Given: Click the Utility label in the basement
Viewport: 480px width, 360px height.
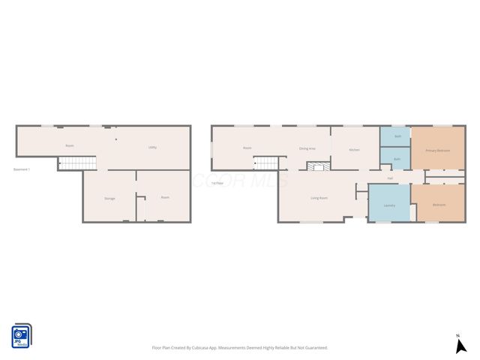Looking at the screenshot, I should (x=151, y=147).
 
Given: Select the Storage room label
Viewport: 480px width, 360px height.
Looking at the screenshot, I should (x=109, y=198).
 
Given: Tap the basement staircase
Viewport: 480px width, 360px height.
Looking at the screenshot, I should (x=78, y=163).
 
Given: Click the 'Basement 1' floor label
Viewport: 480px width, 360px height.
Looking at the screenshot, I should (x=22, y=169).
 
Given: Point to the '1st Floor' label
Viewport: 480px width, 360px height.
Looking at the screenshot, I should (x=216, y=183).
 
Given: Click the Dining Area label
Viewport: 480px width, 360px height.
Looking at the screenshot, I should (x=307, y=148).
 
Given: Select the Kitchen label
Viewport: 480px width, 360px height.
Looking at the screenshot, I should (x=354, y=150).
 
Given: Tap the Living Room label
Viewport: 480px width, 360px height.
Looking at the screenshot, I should (x=319, y=198).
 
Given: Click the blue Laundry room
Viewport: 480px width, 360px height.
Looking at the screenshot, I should (x=388, y=204).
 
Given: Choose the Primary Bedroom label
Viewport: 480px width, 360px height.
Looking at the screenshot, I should (x=437, y=150).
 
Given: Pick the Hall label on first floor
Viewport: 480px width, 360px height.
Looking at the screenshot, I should (x=390, y=178).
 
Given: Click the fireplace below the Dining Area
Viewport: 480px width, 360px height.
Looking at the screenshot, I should (x=317, y=166).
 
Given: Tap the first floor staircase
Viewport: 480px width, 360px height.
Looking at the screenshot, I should (x=265, y=163).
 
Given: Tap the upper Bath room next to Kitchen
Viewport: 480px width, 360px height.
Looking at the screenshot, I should (x=397, y=136).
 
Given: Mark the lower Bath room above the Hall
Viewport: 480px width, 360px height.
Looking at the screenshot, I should (x=396, y=159).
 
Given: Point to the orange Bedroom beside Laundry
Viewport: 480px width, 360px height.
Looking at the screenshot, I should (x=439, y=204).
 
